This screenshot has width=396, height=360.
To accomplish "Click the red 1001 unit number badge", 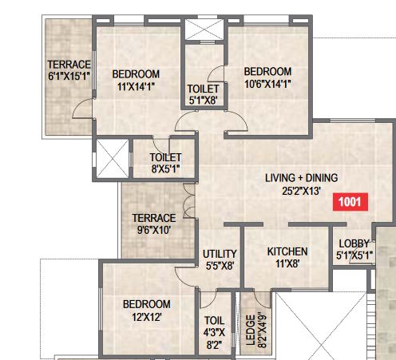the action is click(350, 202).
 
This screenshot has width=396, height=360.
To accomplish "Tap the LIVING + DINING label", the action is click(301, 178).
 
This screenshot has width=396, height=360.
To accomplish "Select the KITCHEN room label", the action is click(287, 251).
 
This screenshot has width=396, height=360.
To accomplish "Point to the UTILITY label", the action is click(220, 254).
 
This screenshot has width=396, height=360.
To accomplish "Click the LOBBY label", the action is click(354, 243).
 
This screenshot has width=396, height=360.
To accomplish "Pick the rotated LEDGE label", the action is click(251, 330).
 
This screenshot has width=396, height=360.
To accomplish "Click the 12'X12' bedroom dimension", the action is click(147, 317).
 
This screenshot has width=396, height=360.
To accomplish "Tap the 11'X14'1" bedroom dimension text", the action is click(136, 86).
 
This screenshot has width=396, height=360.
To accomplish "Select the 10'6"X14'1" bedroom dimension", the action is click(267, 84).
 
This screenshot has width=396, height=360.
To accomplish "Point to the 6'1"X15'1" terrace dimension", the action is click(69, 76).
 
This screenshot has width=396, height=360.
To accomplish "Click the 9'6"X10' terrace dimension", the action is click(154, 230).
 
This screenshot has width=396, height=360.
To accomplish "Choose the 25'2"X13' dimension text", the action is click(301, 191).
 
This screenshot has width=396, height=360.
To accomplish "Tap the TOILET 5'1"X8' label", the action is click(203, 94).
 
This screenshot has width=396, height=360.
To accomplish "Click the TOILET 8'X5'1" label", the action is click(165, 163).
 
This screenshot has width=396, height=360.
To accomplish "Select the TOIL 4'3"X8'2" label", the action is click(214, 333).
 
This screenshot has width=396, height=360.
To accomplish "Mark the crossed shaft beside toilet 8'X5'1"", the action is click(113, 159).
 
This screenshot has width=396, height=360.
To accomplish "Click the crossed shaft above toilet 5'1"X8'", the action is click(204, 30).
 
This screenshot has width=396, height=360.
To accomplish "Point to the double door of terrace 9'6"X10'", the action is click(188, 201).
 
